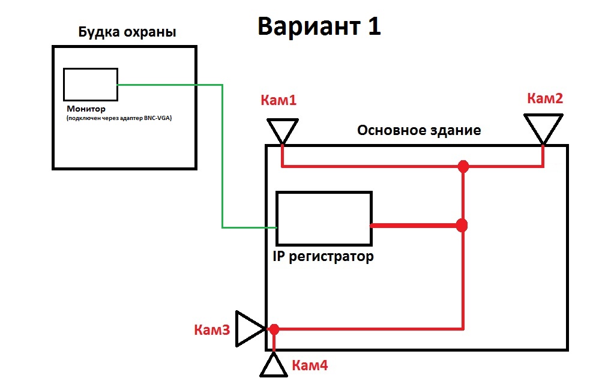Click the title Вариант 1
click(x=319, y=27)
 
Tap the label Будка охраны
click(x=127, y=32)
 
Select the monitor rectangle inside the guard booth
click(x=90, y=85)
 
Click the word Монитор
click(x=86, y=109)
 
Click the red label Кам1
click(x=278, y=100)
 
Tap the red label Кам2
click(x=544, y=98)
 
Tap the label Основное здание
click(x=419, y=130)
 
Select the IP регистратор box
click(x=324, y=219)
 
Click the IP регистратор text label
click(x=324, y=257)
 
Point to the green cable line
click(x=223, y=156)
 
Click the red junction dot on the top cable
click(x=463, y=166)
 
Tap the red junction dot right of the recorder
click(x=462, y=225)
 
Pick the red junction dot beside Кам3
click(x=274, y=329)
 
